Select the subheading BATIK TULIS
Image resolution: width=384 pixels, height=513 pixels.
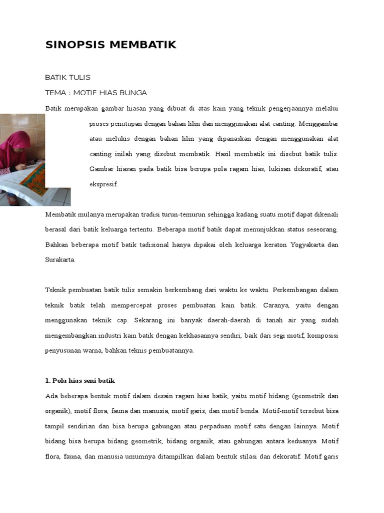(67, 77)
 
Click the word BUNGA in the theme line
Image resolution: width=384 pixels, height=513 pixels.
(134, 93)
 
